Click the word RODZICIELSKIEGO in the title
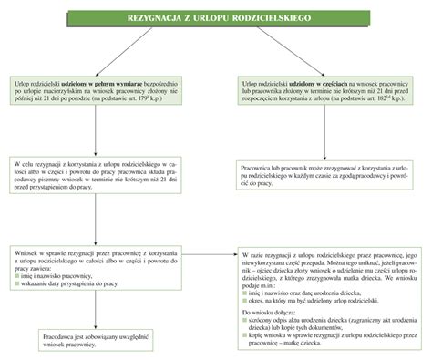(x=271, y=18)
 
